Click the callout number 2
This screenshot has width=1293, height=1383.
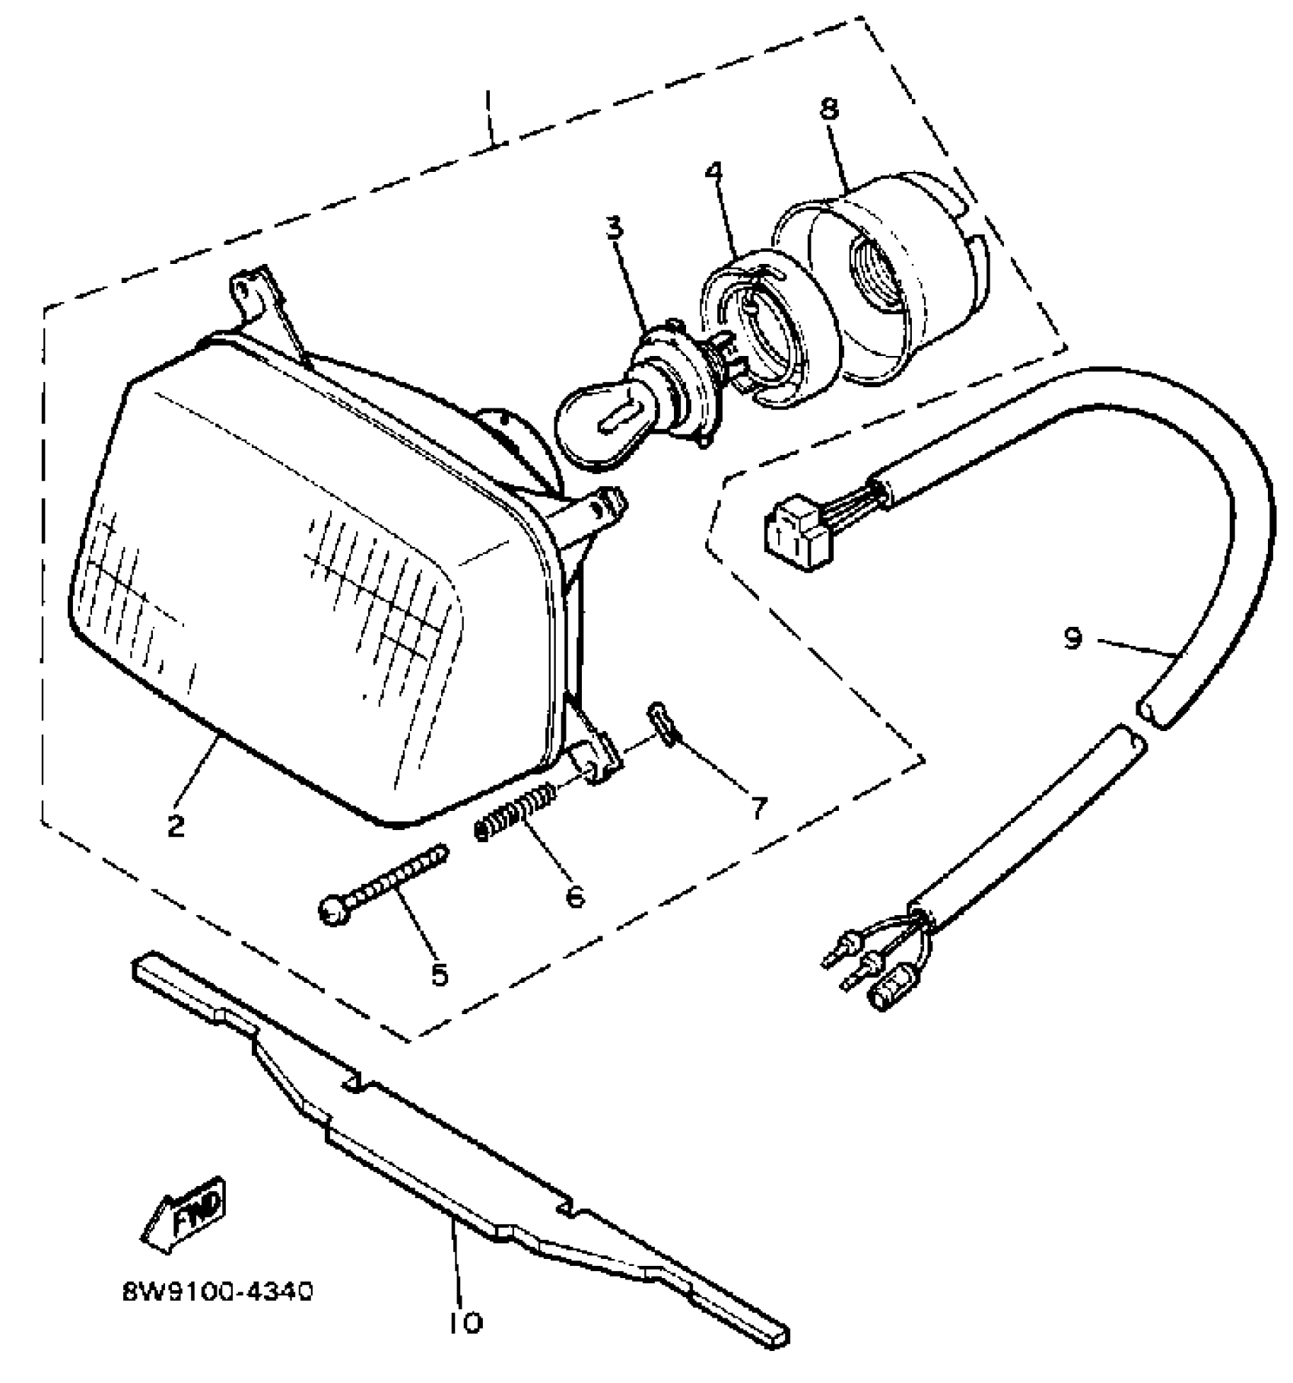click(176, 825)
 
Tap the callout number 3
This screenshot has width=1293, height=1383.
click(615, 227)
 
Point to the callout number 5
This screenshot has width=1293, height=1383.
click(440, 974)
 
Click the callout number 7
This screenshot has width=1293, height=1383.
click(758, 807)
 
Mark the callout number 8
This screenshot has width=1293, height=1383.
click(828, 109)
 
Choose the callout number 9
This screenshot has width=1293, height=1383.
click(1072, 639)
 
